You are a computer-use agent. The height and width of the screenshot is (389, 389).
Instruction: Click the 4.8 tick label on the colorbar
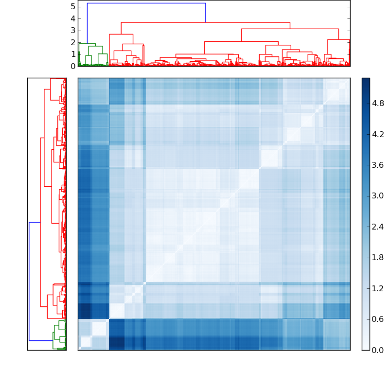pos(377,103)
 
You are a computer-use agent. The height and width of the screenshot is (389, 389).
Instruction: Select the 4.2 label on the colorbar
pos(377,134)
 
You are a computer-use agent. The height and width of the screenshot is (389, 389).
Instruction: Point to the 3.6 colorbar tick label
pos(377,165)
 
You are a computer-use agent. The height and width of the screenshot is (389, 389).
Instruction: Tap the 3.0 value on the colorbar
pos(377,195)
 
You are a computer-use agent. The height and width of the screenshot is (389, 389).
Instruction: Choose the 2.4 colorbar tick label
pos(377,227)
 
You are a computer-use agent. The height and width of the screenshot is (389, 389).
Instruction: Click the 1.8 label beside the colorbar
pos(377,257)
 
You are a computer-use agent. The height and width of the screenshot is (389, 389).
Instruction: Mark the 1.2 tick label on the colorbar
pos(377,288)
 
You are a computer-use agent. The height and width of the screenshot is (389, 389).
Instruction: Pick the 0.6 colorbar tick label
pos(377,319)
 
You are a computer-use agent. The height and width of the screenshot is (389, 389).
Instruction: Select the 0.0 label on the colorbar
pos(377,350)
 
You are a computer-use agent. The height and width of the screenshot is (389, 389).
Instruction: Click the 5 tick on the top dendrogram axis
pos(72,6)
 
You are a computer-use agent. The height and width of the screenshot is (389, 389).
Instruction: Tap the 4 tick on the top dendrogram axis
pos(72,18)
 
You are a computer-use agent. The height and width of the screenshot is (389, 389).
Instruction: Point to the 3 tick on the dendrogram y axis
pos(72,30)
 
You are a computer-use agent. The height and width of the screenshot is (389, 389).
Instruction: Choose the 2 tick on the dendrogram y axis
pos(72,42)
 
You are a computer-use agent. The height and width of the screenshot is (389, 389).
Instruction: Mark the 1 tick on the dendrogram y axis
pos(72,54)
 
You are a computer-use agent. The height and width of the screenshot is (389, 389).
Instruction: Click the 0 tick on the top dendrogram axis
pos(72,66)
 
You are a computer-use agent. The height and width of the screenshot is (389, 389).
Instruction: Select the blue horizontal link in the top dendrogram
pos(146,3)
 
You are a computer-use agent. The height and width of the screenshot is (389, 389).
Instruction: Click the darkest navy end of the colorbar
pos(366,80)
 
